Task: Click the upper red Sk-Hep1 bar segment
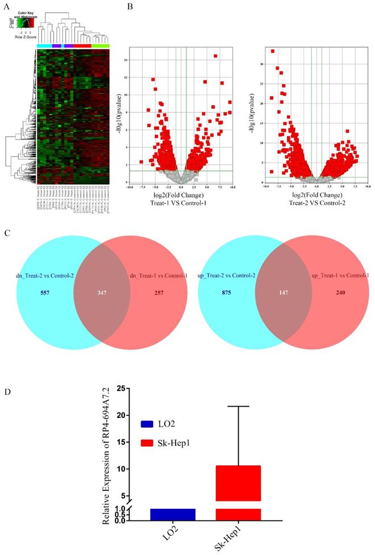pyautogui.click(x=238, y=483)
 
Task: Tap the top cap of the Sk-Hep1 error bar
pyautogui.click(x=238, y=406)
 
